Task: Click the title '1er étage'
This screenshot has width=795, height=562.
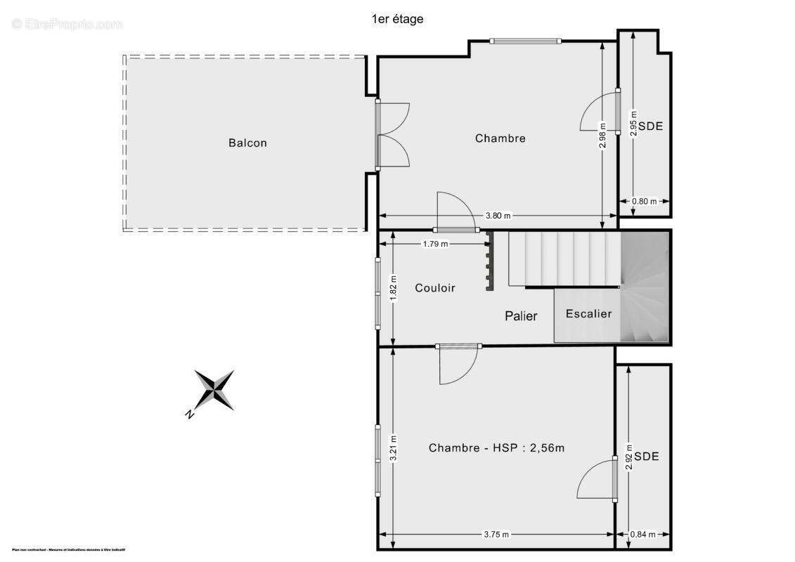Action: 397,19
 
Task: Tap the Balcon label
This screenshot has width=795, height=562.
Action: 247,143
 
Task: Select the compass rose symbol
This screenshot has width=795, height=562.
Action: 214,391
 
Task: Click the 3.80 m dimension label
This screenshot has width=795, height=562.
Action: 497,216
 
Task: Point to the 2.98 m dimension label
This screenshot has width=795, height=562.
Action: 603,136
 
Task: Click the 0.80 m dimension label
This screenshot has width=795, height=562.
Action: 644,202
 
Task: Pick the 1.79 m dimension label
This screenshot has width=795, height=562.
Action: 435,244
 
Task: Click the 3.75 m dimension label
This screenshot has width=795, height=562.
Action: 496,534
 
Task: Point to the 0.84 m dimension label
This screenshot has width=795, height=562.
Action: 642,534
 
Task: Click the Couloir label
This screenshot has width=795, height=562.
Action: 434,288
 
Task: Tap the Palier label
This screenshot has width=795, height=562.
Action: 521,316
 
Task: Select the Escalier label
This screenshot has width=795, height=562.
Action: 588,313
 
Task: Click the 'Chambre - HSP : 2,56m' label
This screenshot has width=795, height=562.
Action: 496,447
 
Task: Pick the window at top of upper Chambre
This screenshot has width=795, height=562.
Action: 525,41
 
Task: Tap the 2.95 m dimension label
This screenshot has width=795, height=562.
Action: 633,123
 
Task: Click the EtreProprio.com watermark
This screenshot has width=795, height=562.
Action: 67,24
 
